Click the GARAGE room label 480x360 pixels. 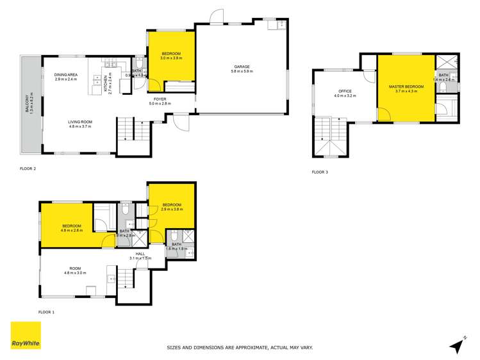[x=242, y=66]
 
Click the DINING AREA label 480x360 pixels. [x=66, y=75]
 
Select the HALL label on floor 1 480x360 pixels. [x=139, y=254]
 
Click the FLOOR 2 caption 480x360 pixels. [x=28, y=168]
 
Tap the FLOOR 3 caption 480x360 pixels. [x=320, y=172]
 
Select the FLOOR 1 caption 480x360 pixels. [x=46, y=312]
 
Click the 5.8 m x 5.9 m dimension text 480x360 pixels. [x=242, y=71]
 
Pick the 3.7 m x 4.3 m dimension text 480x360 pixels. [x=406, y=91]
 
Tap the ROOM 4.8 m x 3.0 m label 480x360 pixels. [x=75, y=271]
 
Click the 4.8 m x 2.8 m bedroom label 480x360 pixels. [x=71, y=229]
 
